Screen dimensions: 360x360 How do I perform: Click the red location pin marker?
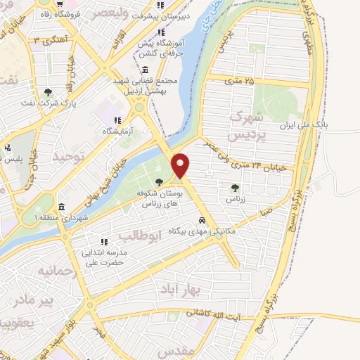181,165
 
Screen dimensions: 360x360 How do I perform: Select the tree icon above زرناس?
235,188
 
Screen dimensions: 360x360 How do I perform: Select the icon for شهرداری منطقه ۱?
62,207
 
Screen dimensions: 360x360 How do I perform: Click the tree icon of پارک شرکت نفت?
48,92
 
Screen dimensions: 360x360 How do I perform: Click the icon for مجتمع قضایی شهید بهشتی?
145,70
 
